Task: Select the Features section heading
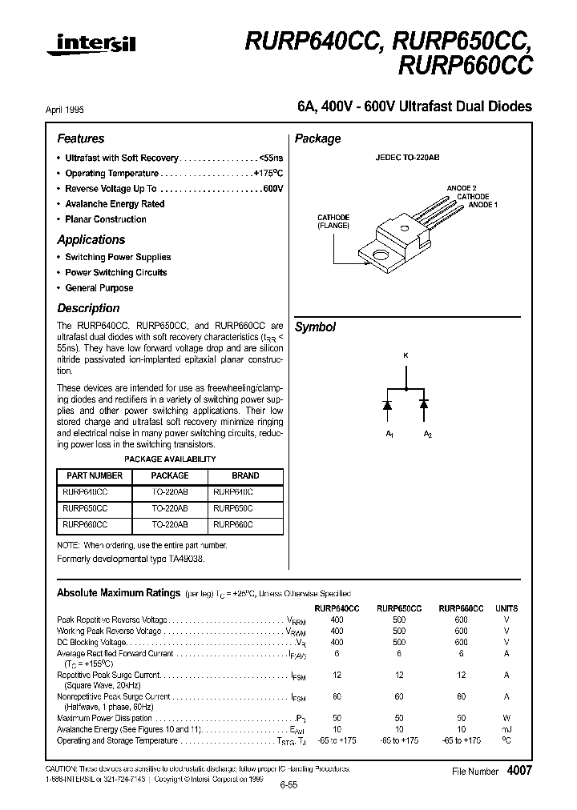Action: tap(80, 138)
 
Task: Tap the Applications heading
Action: tap(91, 239)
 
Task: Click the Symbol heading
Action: tap(315, 327)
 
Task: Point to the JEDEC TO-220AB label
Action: tap(407, 158)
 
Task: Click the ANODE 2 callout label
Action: tap(462, 189)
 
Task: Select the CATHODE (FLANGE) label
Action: tap(333, 222)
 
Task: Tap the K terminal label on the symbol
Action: tap(406, 355)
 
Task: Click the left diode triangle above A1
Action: tap(387, 406)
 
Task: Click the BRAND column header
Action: tap(245, 475)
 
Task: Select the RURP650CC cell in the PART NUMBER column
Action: tap(84, 508)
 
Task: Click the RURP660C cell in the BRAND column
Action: tap(232, 525)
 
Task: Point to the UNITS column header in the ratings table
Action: tap(506, 608)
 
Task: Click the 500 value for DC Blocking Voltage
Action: tap(399, 642)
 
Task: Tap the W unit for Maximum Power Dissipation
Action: tap(506, 719)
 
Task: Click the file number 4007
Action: tap(519, 770)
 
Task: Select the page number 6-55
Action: tap(288, 786)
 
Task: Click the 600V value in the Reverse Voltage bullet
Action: tap(272, 189)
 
